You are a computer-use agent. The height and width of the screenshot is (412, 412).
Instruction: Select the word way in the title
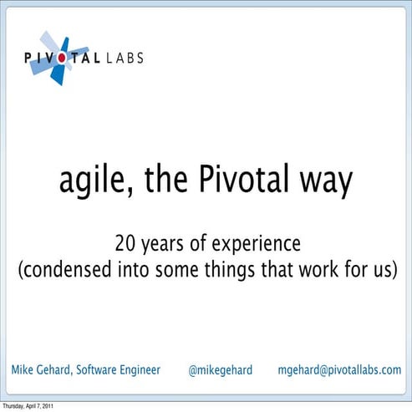click(324, 181)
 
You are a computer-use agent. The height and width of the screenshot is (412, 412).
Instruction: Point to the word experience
click(253, 245)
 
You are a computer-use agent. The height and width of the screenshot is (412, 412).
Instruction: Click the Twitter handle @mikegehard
click(221, 369)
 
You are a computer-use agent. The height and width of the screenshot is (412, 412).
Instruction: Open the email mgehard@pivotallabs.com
click(338, 369)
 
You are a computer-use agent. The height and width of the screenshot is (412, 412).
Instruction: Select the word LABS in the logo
click(124, 58)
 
